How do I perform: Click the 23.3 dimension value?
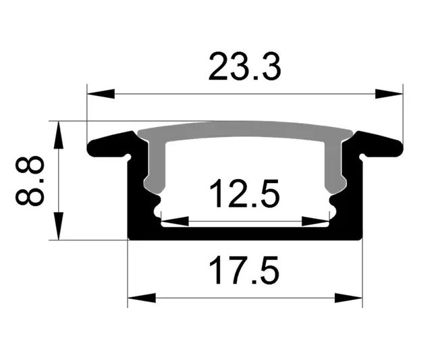(x=244, y=68)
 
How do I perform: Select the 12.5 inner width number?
(x=244, y=194)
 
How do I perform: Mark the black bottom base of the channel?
(x=244, y=233)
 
